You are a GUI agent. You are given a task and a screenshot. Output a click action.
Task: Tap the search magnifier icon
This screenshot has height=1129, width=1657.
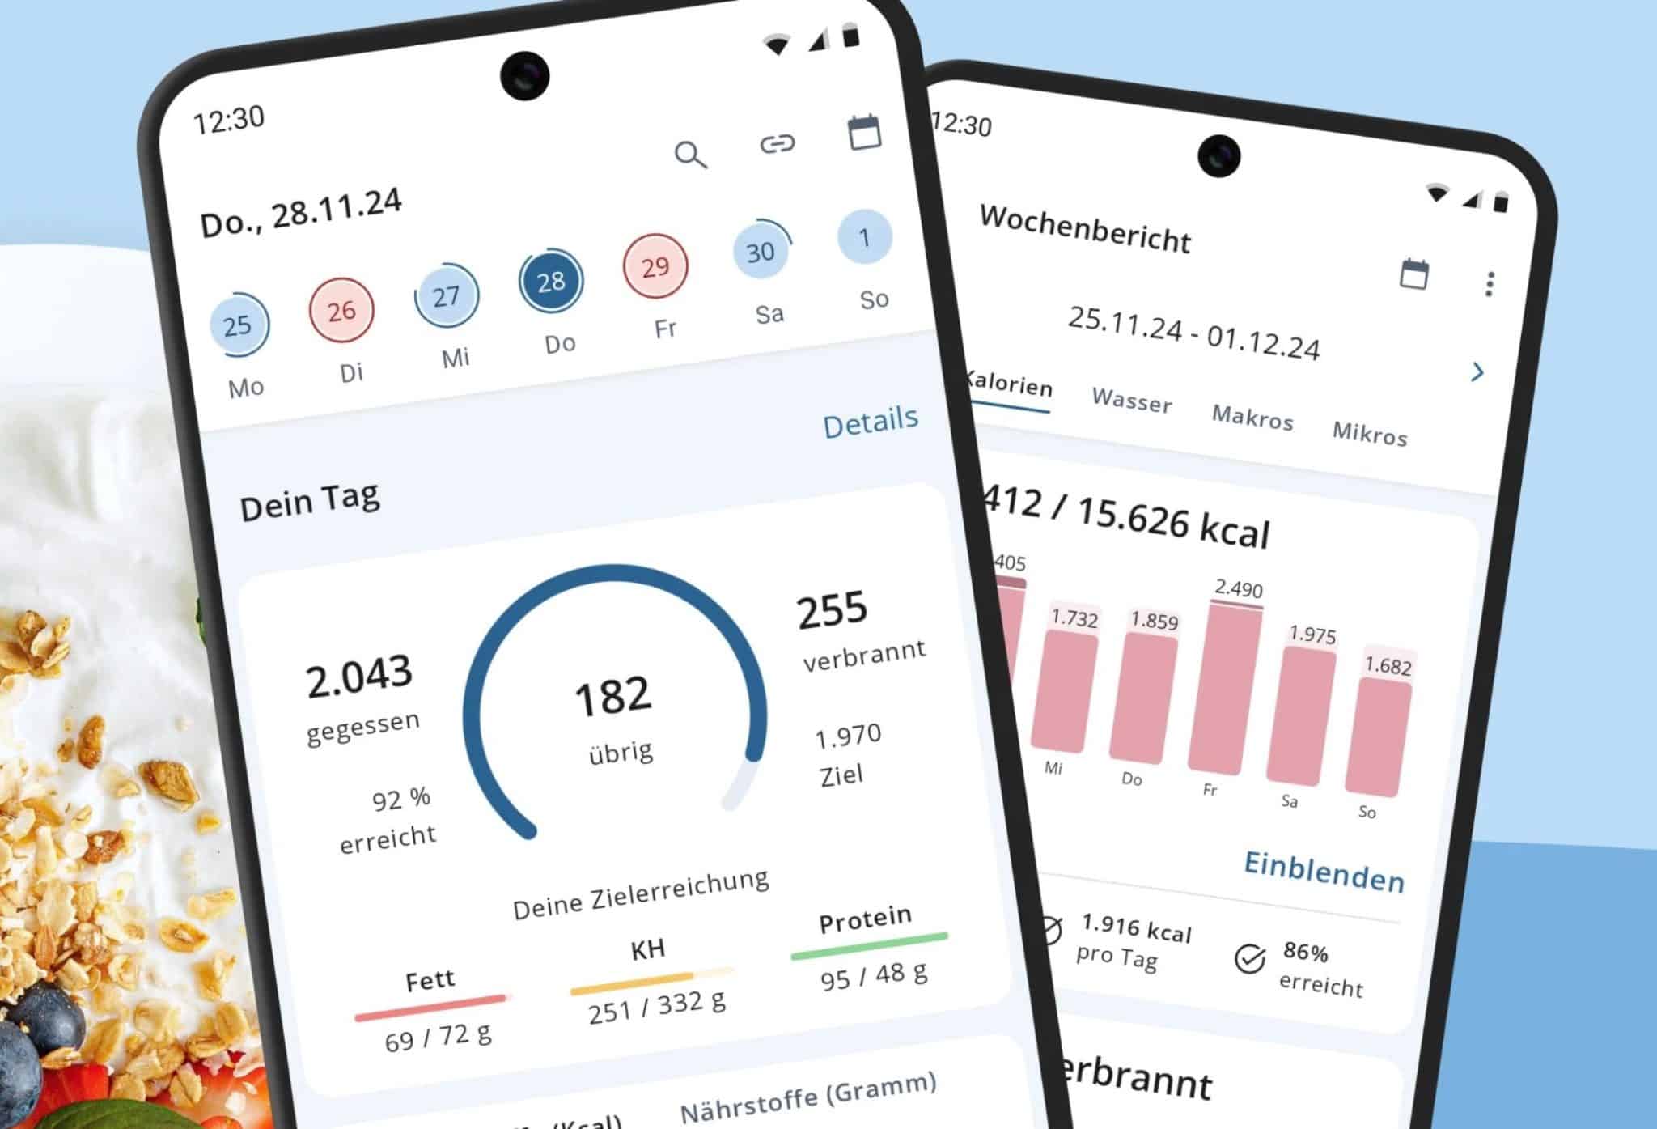[x=690, y=154]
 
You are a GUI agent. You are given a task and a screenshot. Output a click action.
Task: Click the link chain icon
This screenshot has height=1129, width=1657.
[x=777, y=144]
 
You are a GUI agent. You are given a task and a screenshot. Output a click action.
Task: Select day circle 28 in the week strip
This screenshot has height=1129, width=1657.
[x=551, y=282]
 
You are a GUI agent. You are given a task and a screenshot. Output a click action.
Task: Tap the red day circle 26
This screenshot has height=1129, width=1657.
[x=341, y=310]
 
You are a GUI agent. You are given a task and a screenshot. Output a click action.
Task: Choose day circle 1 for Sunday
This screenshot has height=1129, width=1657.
[x=864, y=237]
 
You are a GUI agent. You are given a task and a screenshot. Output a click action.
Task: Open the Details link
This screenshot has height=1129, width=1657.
[x=871, y=422]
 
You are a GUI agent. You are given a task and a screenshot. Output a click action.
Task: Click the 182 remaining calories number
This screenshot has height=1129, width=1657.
[x=612, y=696]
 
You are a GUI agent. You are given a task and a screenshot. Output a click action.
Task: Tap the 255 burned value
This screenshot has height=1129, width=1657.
[x=832, y=609]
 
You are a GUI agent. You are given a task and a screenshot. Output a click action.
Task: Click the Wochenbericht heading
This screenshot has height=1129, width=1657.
[x=1085, y=229]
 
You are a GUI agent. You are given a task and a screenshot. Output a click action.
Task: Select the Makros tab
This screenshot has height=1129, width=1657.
[x=1252, y=418]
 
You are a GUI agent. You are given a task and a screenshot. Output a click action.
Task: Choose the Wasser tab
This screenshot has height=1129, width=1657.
[x=1131, y=400]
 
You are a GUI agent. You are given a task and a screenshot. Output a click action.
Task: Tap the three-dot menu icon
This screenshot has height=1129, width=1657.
[x=1490, y=284]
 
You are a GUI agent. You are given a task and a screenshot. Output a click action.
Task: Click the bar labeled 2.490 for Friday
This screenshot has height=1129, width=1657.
[x=1224, y=688]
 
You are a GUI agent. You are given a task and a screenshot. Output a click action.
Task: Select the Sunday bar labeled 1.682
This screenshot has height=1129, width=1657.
[x=1377, y=736]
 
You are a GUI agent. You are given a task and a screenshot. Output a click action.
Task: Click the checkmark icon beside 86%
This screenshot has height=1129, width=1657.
[x=1249, y=959]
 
